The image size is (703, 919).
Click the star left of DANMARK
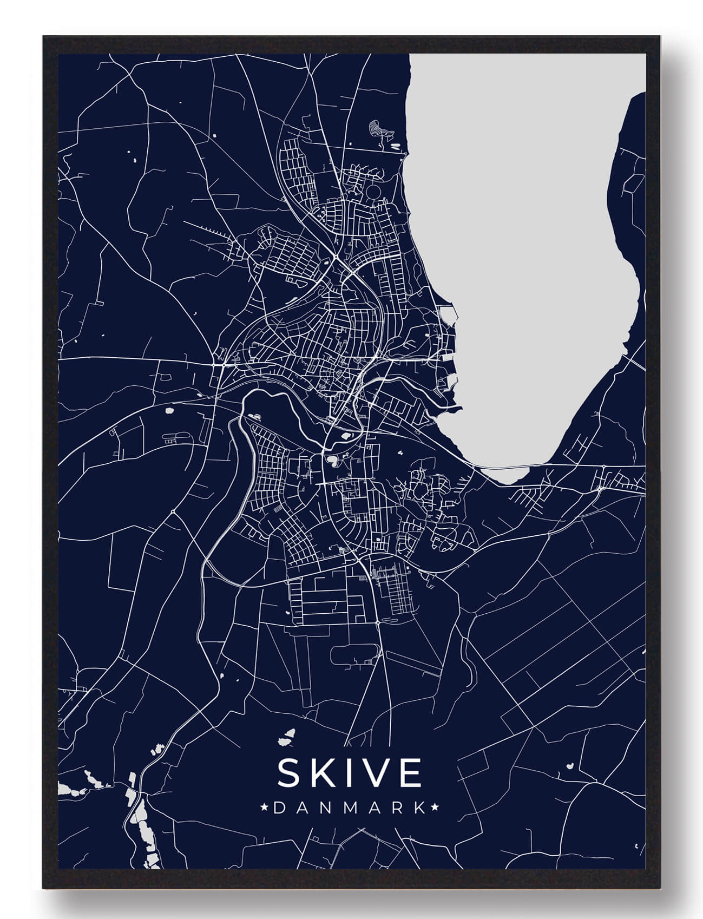pos(265,808)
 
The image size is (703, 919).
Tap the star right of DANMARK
pos(435,808)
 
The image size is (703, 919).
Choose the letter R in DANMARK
pos(397,808)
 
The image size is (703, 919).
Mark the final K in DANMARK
pos(419,808)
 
